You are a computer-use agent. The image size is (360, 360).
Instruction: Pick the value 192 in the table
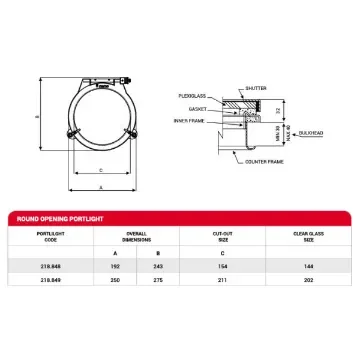tap(113, 268)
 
